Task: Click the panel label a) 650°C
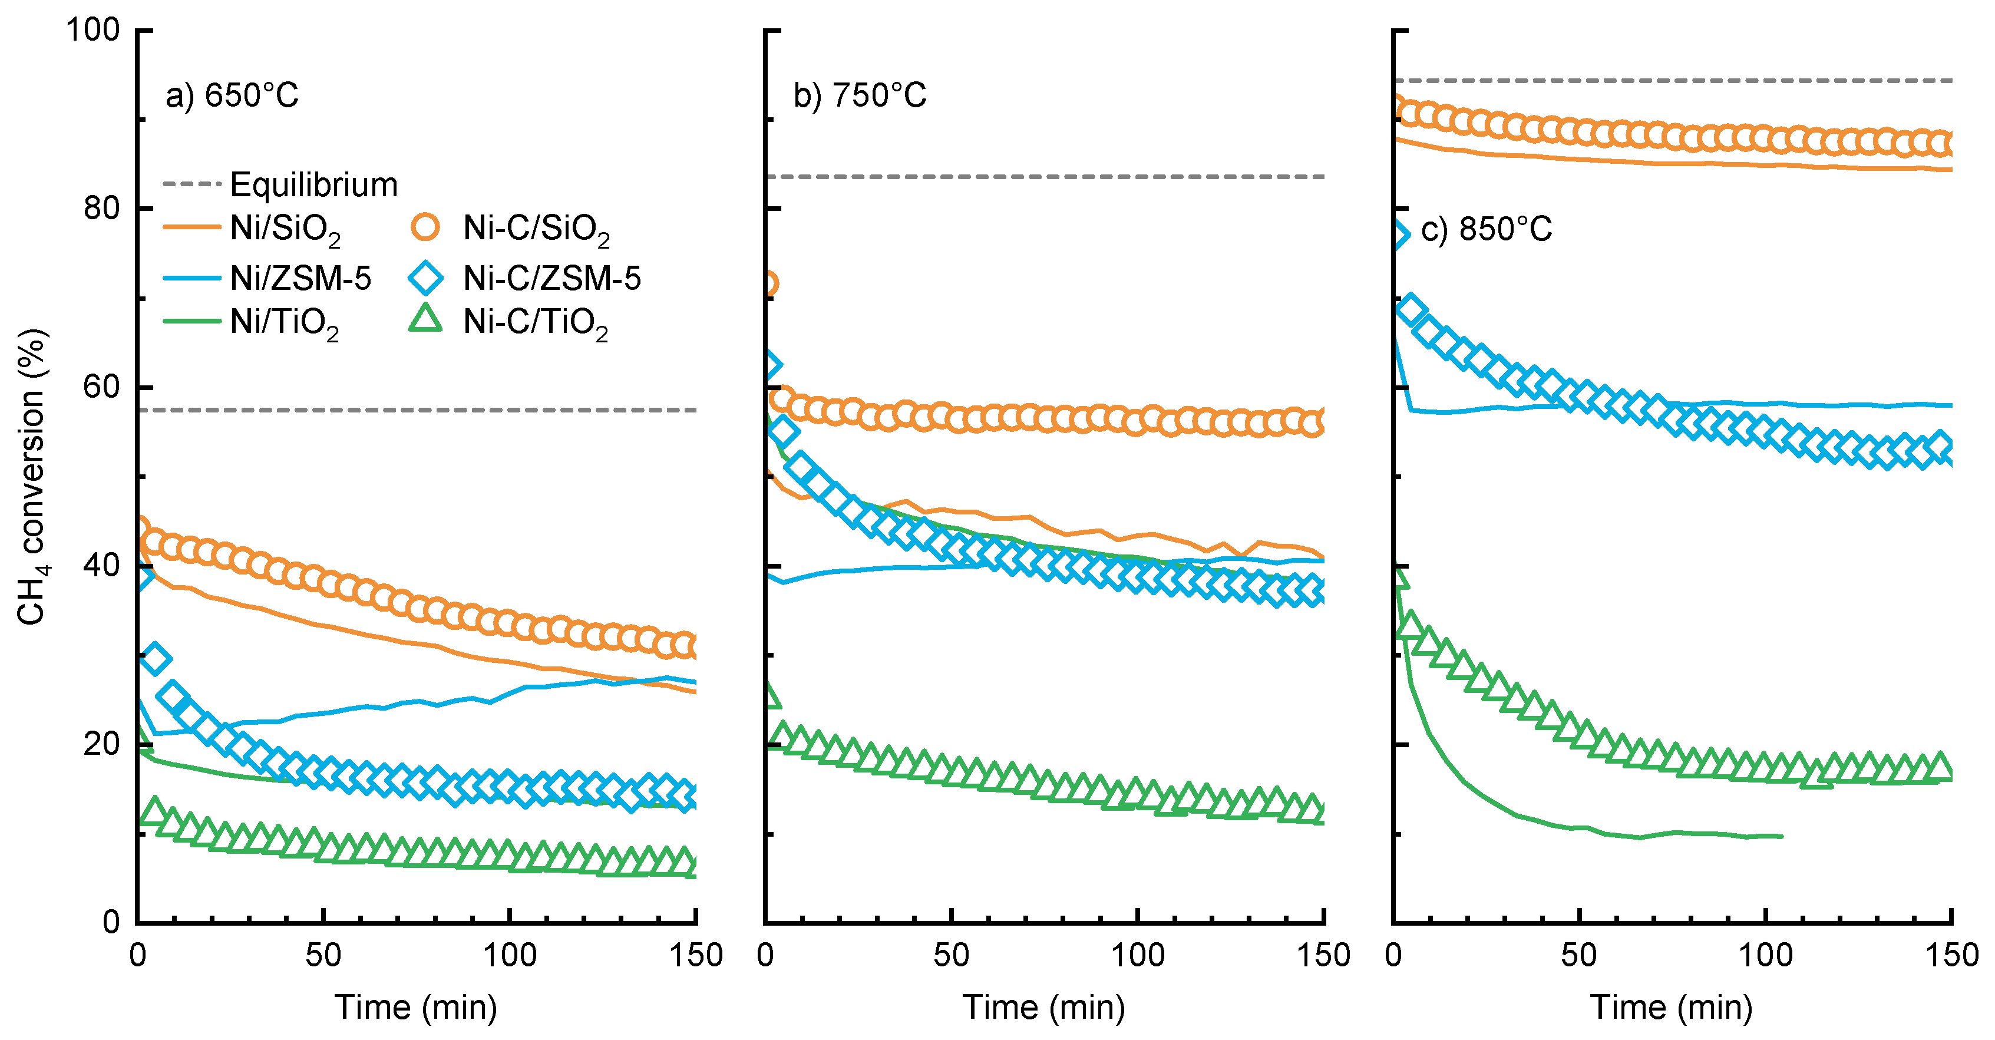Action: pos(232,96)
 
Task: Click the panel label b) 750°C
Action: pos(860,96)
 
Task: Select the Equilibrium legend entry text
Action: pos(313,185)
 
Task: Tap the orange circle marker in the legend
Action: pos(425,227)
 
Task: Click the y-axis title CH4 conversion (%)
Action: pos(32,476)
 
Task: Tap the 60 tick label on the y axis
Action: pos(101,387)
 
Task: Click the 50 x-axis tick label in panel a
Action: pos(323,956)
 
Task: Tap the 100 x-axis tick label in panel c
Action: pos(1766,956)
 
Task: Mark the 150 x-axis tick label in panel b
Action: pos(1323,956)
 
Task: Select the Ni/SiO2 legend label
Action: pos(285,230)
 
